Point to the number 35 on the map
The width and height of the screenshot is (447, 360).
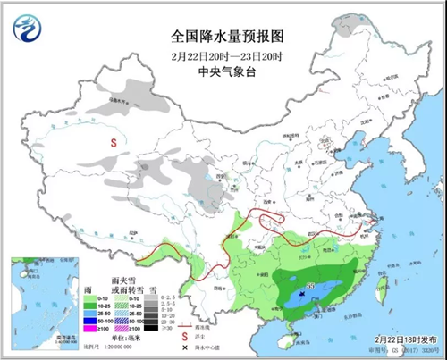[310, 286]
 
